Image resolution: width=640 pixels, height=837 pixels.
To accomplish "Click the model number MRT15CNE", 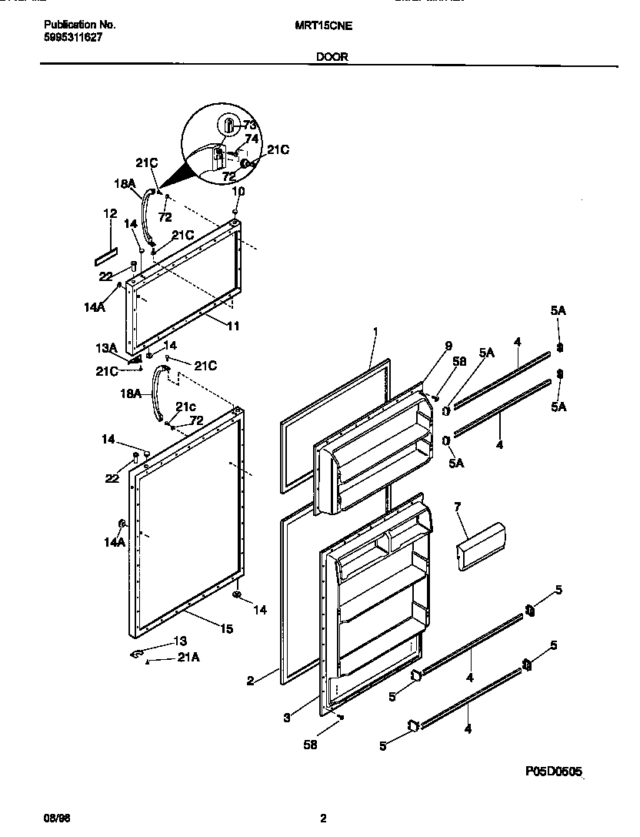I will point(324,25).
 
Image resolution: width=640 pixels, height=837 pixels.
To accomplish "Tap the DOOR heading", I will point(331,56).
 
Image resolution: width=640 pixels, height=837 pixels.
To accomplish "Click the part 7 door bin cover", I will point(481,547).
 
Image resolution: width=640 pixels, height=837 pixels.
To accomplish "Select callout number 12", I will point(111,213).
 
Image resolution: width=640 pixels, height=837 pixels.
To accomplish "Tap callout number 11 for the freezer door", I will point(233,326).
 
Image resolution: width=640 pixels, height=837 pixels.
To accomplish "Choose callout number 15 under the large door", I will point(226,629).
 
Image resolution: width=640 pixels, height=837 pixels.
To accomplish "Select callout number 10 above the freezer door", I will point(238,190).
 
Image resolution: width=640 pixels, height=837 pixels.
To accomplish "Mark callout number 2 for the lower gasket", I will point(251,680).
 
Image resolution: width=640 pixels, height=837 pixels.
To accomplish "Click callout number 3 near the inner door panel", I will point(286,718).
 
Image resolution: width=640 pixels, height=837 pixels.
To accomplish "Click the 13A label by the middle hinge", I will point(107,347).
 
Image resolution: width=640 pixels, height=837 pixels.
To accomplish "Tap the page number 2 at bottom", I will point(324,818).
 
